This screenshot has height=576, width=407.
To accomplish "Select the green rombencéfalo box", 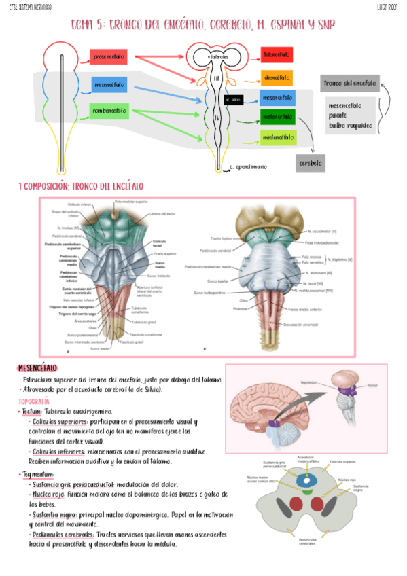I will pos(110,111).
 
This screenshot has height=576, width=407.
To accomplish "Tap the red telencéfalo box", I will pos(277,54).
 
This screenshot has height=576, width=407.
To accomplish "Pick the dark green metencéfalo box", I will pos(277,117).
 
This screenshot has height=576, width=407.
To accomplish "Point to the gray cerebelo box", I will pos(312,164).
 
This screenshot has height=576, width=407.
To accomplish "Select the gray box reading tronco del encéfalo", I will pos(350,84).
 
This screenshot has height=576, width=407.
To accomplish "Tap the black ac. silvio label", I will pos(233,99).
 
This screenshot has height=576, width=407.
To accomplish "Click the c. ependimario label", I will pos(249,166).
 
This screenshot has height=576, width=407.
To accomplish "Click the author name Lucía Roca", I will pos(388,6).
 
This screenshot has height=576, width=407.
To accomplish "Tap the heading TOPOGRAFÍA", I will pos(33,401).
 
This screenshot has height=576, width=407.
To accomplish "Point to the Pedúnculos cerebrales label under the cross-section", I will pos(306,541).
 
